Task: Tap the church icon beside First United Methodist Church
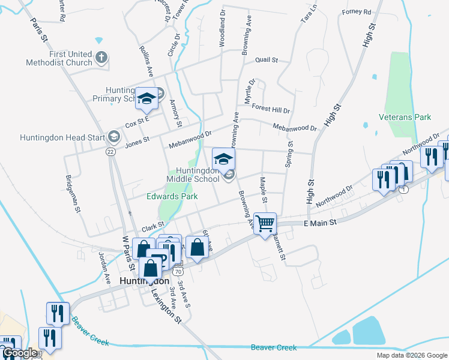coord(102,58)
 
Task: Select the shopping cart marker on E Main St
coord(265,224)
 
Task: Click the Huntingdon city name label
coord(143,281)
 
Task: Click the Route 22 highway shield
coord(110,152)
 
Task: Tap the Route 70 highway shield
coord(178,271)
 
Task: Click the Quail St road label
coord(267,60)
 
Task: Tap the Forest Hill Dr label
coord(271,110)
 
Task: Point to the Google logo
coord(19,353)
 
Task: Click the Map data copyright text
coord(411,355)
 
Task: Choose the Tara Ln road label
coord(309,11)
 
